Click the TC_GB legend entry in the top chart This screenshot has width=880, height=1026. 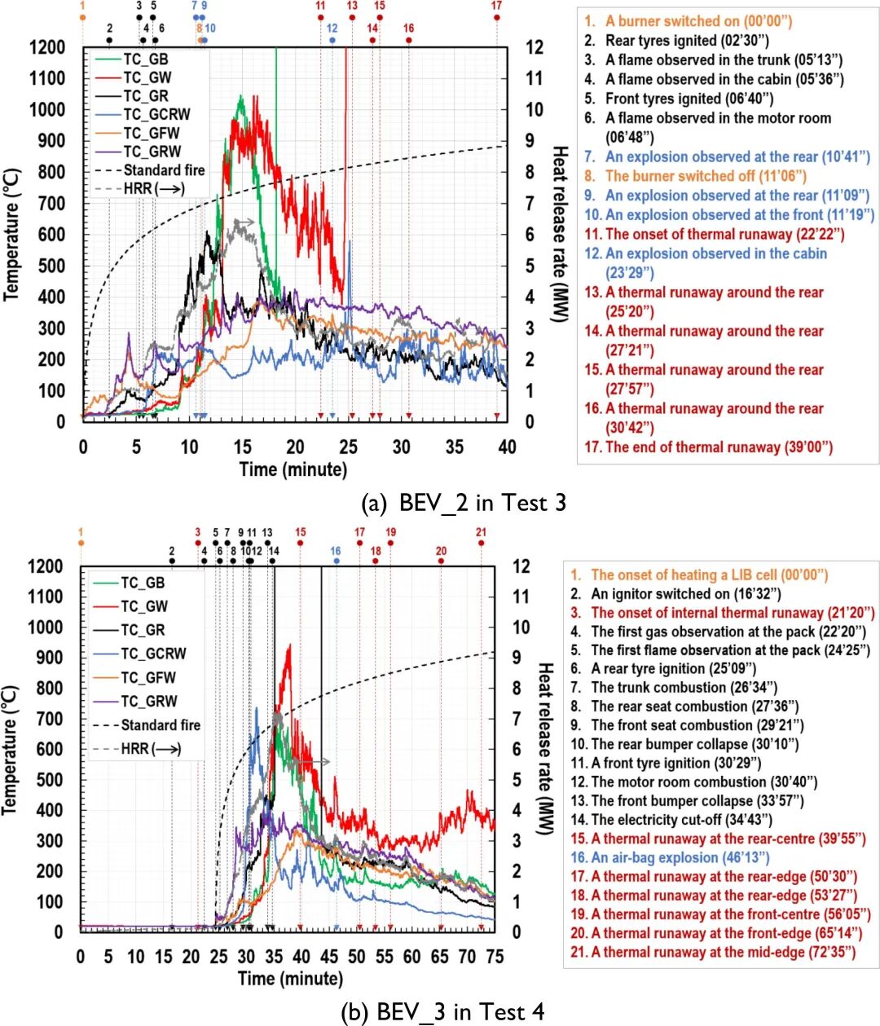click(145, 59)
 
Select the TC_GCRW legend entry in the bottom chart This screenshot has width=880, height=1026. click(152, 654)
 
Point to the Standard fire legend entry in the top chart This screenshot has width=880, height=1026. click(164, 170)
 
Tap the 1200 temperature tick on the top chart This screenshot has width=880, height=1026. click(47, 47)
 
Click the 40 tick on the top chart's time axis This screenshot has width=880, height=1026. click(508, 447)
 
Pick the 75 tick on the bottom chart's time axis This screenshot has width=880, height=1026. click(495, 955)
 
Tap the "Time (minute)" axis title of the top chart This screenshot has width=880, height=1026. click(293, 469)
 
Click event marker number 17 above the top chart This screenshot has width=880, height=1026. click(497, 7)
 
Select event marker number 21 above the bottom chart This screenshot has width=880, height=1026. click(482, 533)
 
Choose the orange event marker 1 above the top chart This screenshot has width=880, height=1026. click(82, 7)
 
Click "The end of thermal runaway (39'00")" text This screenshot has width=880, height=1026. click(718, 447)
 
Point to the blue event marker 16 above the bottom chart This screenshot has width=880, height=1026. click(336, 552)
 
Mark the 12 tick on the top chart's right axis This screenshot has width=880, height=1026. click(535, 47)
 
